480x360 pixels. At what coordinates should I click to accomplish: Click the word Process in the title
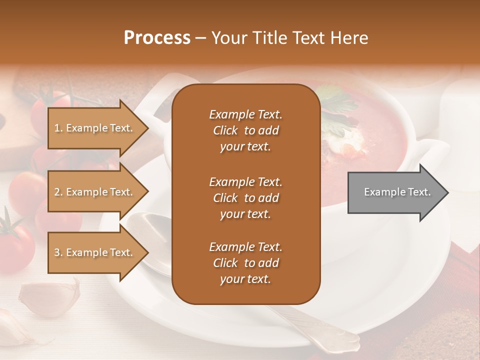pyautogui.click(x=157, y=38)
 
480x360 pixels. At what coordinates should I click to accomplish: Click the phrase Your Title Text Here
pyautogui.click(x=289, y=38)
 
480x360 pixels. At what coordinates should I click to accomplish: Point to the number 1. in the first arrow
pyautogui.click(x=58, y=128)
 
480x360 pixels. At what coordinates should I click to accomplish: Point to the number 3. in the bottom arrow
pyautogui.click(x=58, y=252)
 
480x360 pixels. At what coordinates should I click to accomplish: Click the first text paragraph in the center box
pyautogui.click(x=245, y=130)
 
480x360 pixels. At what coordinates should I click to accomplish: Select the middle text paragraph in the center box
pyautogui.click(x=245, y=197)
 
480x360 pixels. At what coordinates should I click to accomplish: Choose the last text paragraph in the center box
pyautogui.click(x=245, y=263)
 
